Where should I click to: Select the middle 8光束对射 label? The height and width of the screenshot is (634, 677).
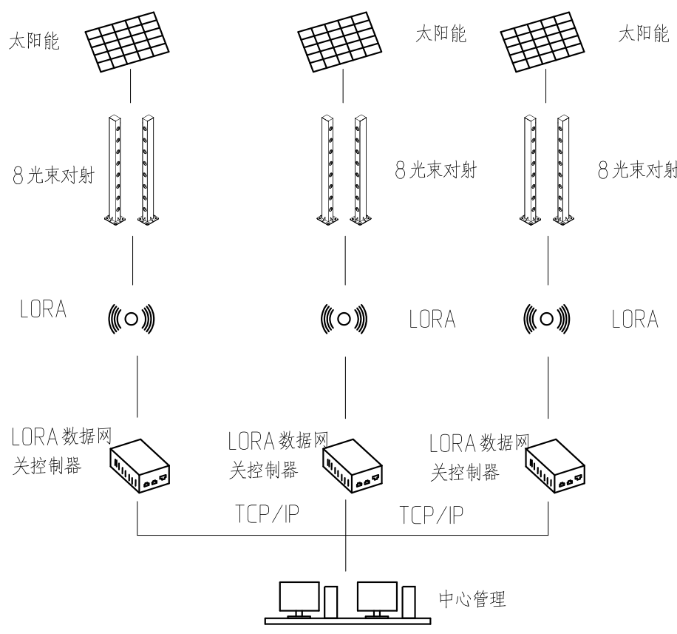click(x=434, y=172)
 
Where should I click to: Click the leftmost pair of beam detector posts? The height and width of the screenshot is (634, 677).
click(x=132, y=169)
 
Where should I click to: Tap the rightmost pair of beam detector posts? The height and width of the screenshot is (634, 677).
click(x=547, y=169)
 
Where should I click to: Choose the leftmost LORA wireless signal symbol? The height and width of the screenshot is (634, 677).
click(x=132, y=319)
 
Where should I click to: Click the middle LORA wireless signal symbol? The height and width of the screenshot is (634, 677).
click(x=344, y=319)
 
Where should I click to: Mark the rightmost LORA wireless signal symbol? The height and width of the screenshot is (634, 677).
click(x=548, y=319)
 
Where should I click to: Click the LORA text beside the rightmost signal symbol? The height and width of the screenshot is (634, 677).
click(x=634, y=320)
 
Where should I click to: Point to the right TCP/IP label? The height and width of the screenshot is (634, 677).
click(x=432, y=513)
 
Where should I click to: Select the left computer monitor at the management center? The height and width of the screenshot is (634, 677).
click(x=299, y=596)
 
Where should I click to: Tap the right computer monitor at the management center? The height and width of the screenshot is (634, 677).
click(x=377, y=596)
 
